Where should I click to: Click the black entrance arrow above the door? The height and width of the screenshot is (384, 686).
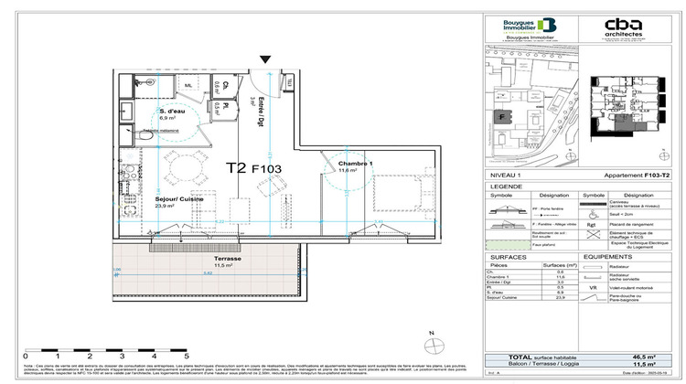(265, 60)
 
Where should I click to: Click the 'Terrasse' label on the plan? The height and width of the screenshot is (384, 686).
(223, 259)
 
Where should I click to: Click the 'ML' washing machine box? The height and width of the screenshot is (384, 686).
(188, 86)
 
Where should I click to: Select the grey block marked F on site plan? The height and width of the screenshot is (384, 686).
(501, 117)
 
